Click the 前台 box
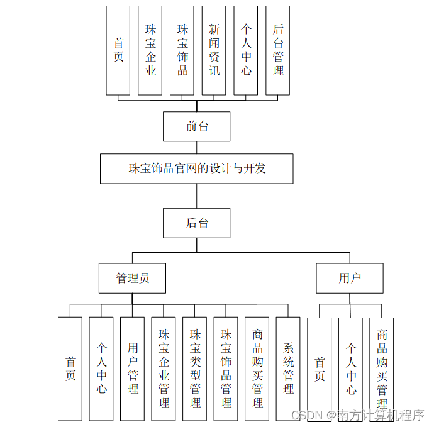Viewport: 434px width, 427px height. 196,126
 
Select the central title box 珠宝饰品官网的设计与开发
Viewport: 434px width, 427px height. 196,169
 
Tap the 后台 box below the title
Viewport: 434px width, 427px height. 196,223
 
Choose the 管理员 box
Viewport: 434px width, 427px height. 132,278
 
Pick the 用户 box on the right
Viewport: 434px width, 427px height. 349,278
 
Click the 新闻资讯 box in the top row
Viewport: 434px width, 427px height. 214,50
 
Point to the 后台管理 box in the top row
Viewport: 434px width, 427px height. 278,50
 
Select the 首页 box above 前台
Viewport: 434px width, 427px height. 118,50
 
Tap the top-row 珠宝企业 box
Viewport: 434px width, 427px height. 150,50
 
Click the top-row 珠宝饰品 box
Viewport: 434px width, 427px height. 182,50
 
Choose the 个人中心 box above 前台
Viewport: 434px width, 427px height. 246,50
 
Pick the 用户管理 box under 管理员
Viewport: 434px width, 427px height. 133,369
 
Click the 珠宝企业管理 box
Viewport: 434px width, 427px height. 164,369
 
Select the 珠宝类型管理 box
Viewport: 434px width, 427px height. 195,369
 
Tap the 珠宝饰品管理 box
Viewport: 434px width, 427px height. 226,369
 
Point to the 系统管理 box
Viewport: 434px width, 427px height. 288,369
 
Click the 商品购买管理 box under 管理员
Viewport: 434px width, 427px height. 257,369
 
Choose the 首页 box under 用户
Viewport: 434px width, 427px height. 320,369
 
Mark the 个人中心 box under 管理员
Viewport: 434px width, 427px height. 101,369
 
